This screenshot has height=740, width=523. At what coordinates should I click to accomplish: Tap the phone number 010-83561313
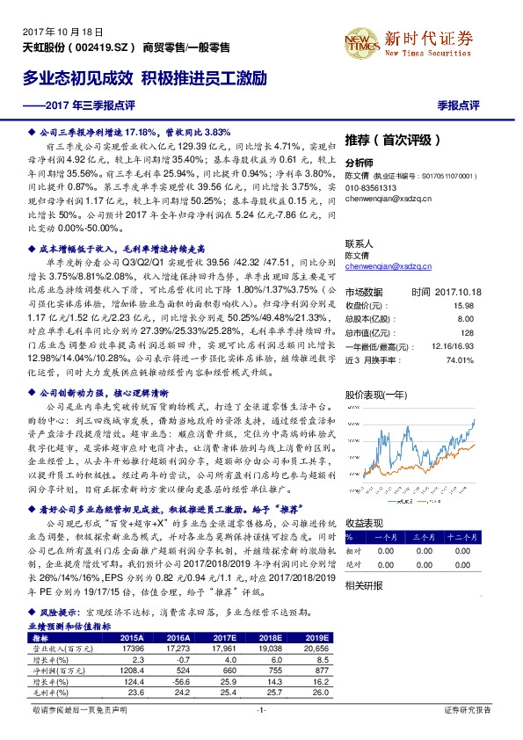pos(371,188)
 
